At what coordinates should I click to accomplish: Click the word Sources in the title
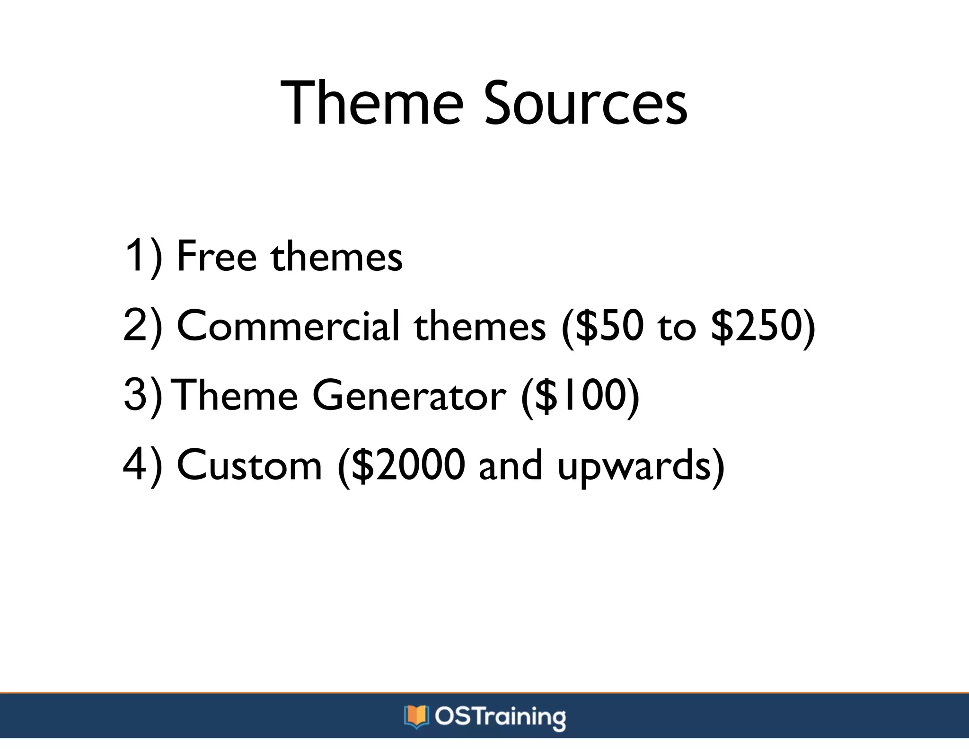pos(585,103)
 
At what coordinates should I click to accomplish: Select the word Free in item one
pos(217,256)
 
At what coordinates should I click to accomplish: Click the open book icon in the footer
pos(416,716)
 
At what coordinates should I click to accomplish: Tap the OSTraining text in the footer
pos(500,717)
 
